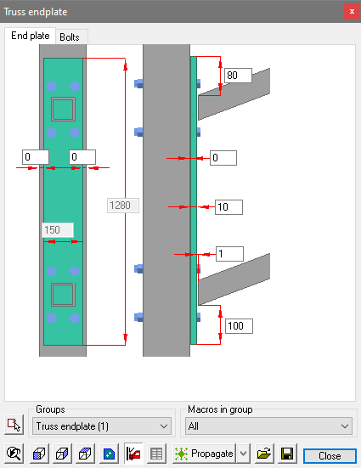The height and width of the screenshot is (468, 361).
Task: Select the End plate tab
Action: click(x=31, y=36)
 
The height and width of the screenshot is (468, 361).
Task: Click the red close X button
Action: click(x=352, y=12)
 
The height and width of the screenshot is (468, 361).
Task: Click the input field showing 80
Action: click(x=238, y=76)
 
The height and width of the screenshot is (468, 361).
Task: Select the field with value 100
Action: click(x=239, y=326)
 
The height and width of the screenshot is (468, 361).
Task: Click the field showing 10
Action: click(x=228, y=207)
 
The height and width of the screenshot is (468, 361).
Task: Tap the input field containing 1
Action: click(x=229, y=254)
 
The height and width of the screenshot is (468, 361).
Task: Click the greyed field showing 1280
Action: click(x=123, y=206)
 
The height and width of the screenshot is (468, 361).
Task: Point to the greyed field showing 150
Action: click(x=58, y=230)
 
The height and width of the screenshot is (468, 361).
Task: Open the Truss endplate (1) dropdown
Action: click(x=102, y=426)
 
